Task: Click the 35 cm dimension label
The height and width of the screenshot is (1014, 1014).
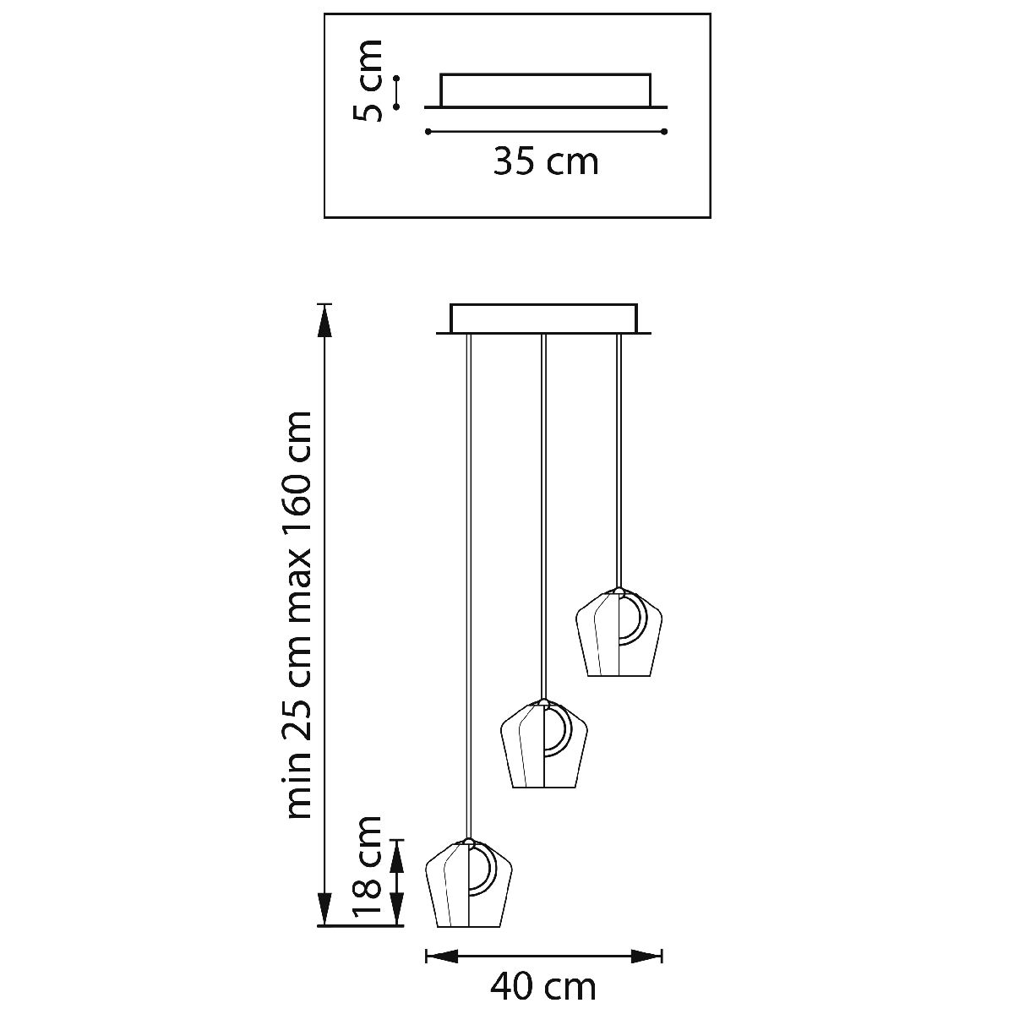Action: click(x=546, y=161)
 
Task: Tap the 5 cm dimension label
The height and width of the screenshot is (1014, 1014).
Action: click(x=367, y=80)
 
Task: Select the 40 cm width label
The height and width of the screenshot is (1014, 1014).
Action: click(x=543, y=988)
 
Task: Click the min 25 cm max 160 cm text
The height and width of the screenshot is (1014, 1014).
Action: click(x=297, y=614)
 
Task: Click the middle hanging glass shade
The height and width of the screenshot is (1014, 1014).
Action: click(x=543, y=751)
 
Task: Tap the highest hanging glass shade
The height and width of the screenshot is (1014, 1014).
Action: click(x=619, y=632)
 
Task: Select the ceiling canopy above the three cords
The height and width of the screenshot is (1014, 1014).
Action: click(x=543, y=319)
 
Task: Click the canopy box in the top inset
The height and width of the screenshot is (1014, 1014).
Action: click(x=546, y=91)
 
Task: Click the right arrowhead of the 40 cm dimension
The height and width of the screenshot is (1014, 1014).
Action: click(x=646, y=956)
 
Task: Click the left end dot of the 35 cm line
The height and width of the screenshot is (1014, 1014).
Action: click(x=428, y=132)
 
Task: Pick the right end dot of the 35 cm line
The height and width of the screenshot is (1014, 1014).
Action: click(x=665, y=132)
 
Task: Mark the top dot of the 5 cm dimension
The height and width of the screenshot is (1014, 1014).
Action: click(x=397, y=79)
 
